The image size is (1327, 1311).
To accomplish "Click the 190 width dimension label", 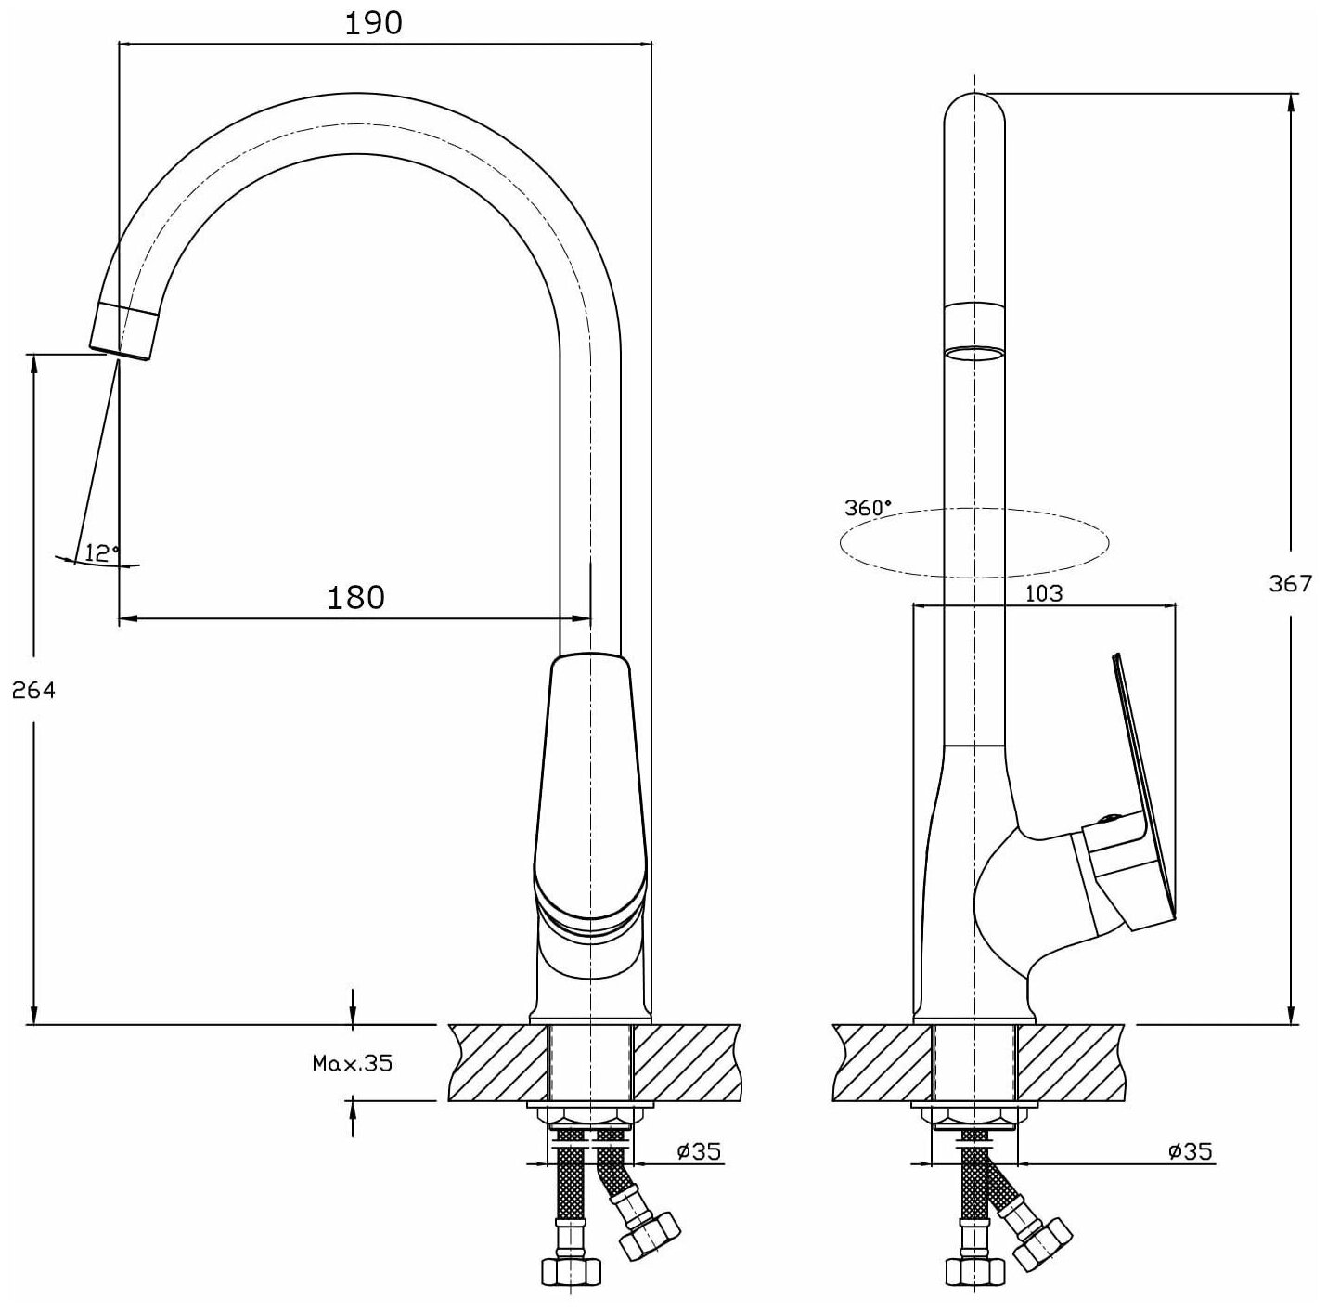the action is [x=374, y=22].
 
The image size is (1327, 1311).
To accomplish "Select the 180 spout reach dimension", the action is [x=355, y=596].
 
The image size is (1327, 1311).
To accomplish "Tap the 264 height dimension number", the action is [x=34, y=690].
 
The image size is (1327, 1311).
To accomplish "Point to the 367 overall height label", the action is [x=1290, y=583].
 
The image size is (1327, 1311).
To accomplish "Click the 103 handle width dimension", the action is [x=1044, y=592].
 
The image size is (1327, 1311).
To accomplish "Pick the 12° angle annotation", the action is [x=102, y=553].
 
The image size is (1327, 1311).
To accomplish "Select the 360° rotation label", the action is [x=868, y=507].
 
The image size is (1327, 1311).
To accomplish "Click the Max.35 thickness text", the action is [x=352, y=1063].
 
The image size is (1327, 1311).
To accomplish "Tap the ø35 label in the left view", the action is [x=698, y=1151].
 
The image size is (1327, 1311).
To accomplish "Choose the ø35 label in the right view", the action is [x=1190, y=1151].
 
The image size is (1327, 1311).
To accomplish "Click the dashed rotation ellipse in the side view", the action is [x=974, y=543].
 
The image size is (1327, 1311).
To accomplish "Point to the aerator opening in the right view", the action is [x=974, y=353].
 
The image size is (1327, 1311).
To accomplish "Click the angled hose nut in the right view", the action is [x=1043, y=1240].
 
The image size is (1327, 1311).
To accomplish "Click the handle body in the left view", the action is [x=590, y=789].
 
